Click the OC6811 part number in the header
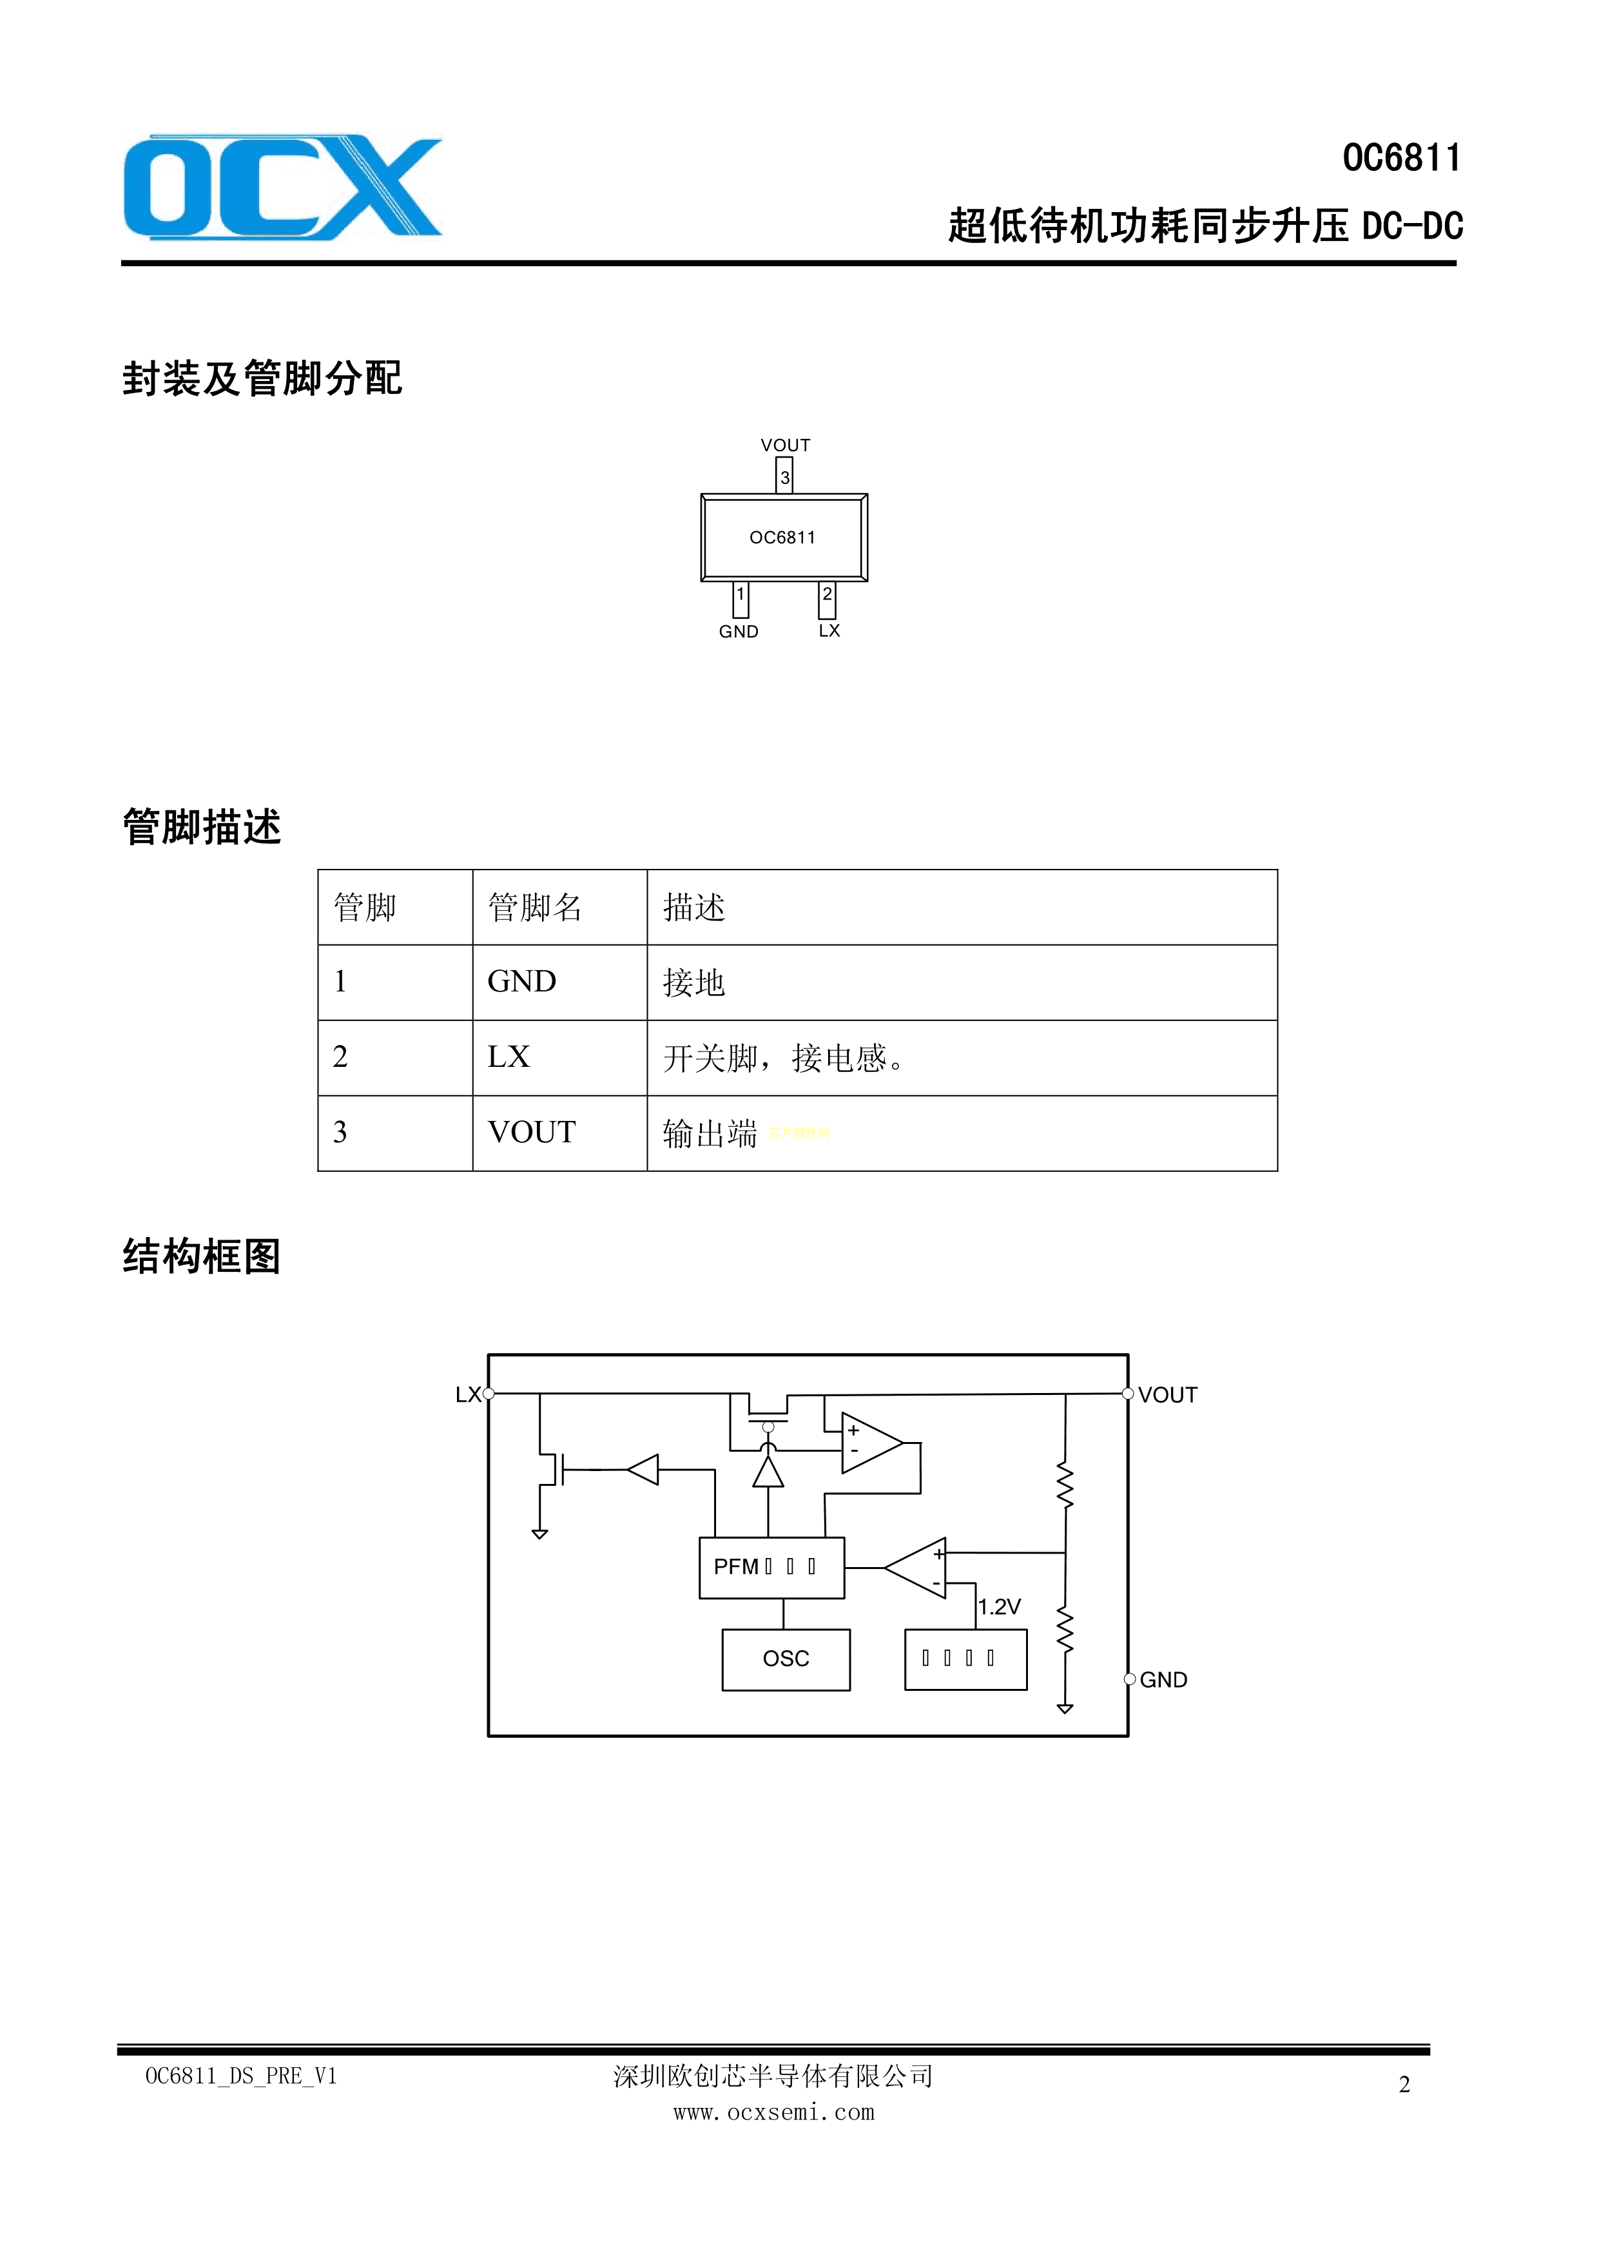point(1401,159)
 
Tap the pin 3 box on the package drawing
point(784,477)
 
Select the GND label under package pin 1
point(738,632)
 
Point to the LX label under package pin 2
point(829,630)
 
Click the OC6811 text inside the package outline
point(782,538)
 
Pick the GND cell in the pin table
point(522,982)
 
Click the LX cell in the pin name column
point(509,1057)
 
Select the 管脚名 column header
point(535,908)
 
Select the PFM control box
point(771,1568)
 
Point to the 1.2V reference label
point(999,1607)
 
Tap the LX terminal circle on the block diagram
point(489,1394)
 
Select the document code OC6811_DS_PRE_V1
point(242,2076)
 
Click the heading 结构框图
point(202,1257)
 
